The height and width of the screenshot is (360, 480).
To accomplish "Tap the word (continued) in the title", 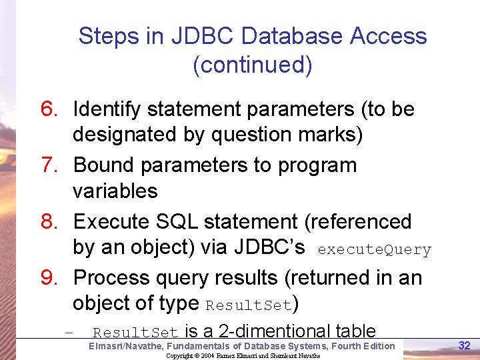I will click(252, 65).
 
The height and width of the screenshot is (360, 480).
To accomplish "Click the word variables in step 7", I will click(115, 191).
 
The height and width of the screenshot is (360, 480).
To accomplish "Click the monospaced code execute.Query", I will click(375, 250).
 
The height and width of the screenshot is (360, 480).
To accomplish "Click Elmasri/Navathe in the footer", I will click(127, 346).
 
